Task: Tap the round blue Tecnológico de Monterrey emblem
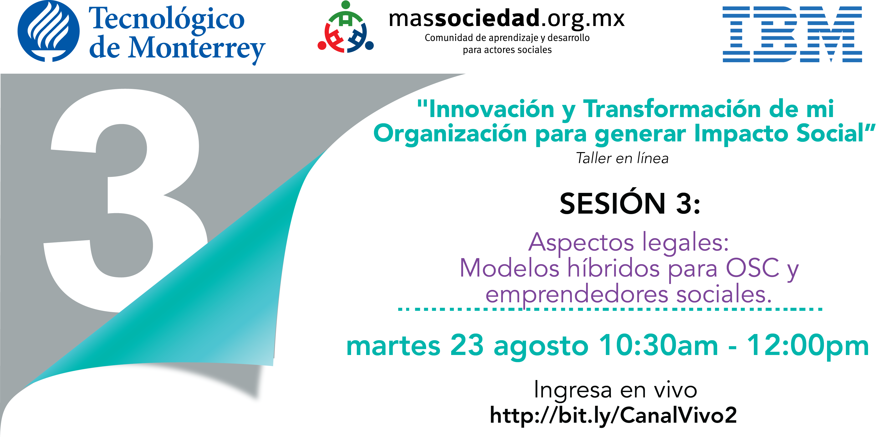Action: (48, 31)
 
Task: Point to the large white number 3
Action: (125, 201)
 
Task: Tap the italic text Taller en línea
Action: (622, 158)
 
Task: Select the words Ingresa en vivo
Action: (615, 390)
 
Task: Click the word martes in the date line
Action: (393, 346)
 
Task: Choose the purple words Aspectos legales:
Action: (628, 243)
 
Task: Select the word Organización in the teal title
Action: (450, 134)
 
